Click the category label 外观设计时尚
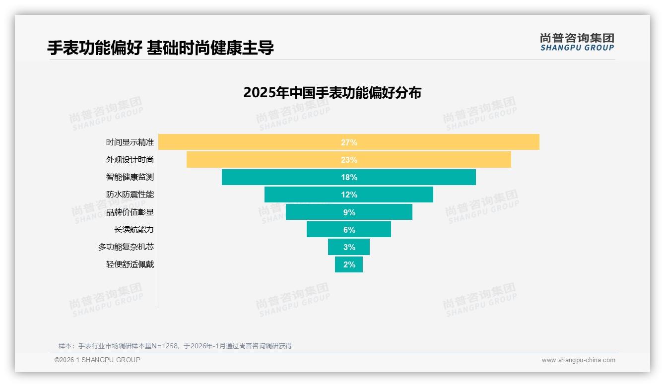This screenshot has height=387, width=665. (x=130, y=160)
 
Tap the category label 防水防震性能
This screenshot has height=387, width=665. (x=130, y=194)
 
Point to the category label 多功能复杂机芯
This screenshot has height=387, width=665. (x=126, y=247)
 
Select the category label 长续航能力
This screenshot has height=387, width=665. (x=134, y=229)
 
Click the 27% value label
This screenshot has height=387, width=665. (x=349, y=142)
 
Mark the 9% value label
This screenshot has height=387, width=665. (x=349, y=212)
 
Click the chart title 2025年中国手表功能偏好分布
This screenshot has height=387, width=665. (x=332, y=93)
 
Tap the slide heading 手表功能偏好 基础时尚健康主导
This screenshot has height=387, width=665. (x=160, y=48)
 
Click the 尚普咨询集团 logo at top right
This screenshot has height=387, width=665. (x=577, y=42)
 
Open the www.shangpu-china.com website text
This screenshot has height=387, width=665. (x=578, y=360)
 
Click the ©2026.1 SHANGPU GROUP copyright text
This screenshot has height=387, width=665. (x=97, y=360)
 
